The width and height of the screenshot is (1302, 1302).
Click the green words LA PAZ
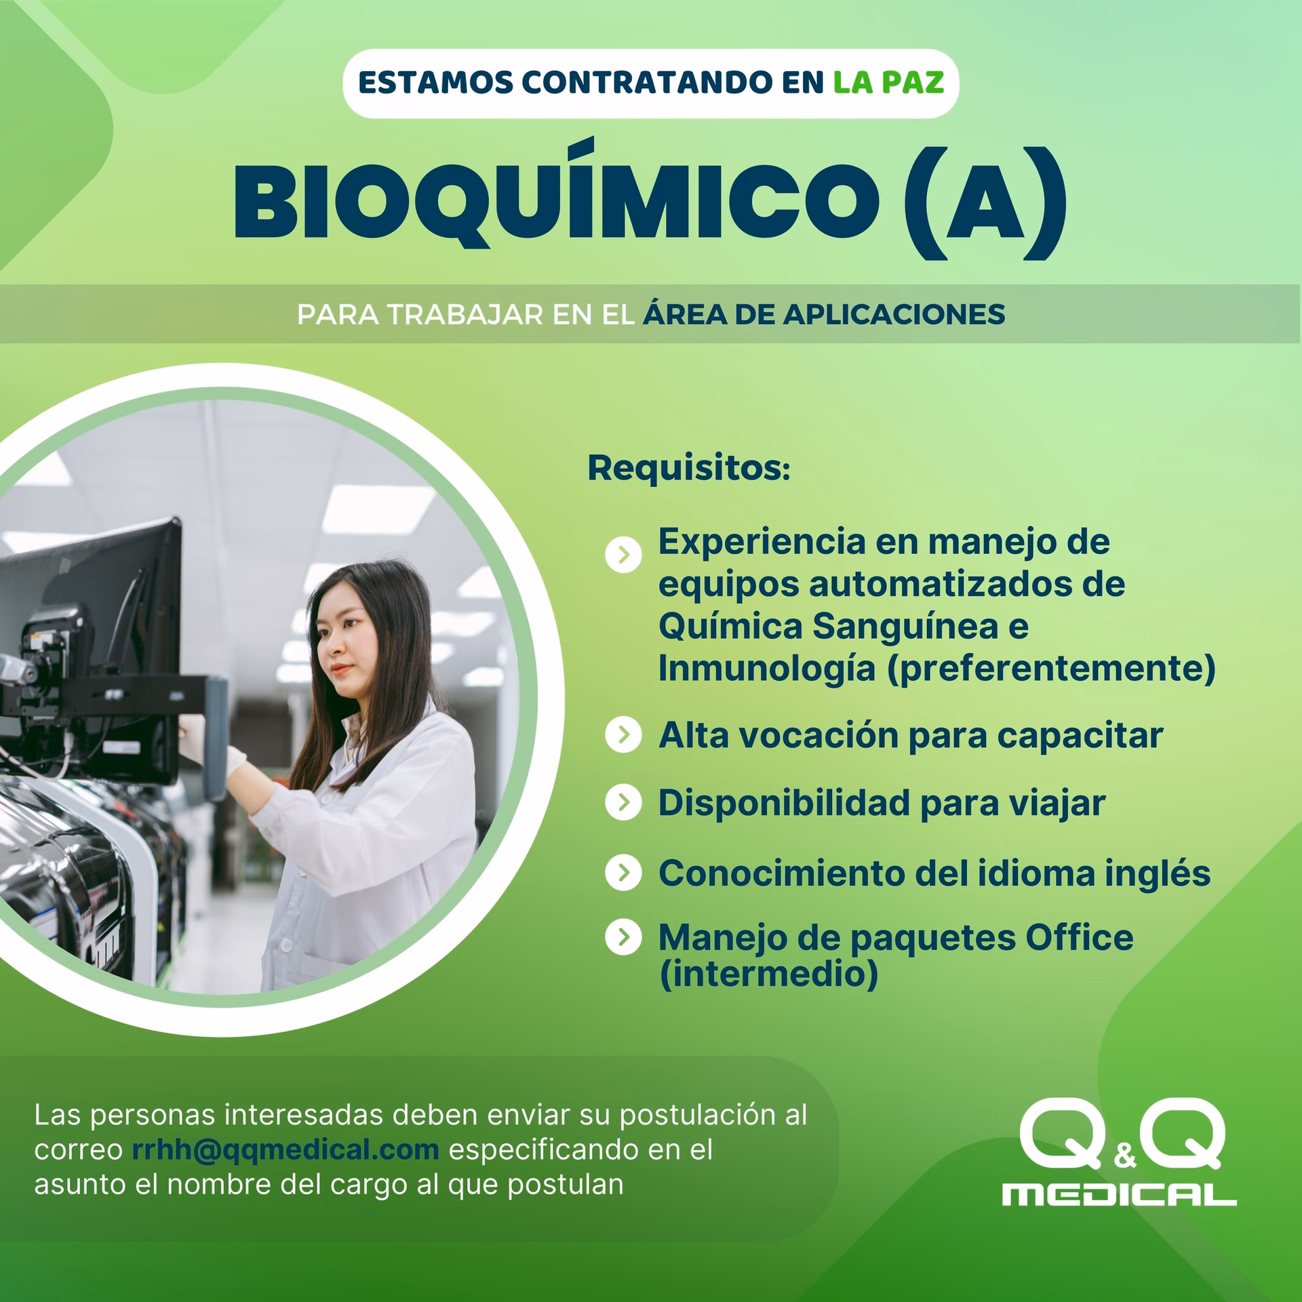pos(888,83)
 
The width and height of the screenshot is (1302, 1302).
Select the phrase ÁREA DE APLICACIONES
pos(823,315)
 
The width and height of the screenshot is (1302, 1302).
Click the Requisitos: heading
pos(689,468)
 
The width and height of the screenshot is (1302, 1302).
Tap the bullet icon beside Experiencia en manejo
pos(623,555)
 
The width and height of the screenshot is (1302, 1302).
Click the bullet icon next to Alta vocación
pos(623,735)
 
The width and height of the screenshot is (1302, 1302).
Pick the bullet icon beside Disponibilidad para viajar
pos(623,803)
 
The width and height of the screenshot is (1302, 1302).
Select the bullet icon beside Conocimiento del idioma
pos(623,873)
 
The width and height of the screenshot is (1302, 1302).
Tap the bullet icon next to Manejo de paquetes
pos(623,937)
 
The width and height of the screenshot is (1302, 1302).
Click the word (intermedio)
pos(768,974)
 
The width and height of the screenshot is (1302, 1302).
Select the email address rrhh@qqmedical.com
pos(285,1149)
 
